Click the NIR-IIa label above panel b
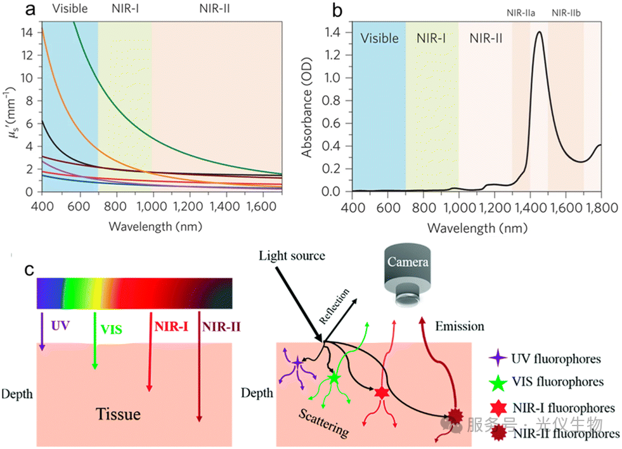tap(521, 12)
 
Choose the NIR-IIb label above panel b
tap(565, 12)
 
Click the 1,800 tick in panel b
tap(600, 208)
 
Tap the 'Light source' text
tap(292, 256)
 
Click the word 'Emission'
tap(460, 326)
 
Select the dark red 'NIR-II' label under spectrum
tap(221, 328)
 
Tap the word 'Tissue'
tap(118, 415)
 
